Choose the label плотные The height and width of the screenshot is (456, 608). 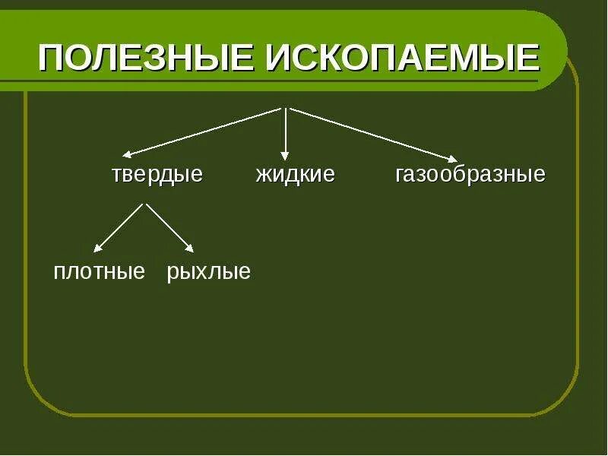pos(99,272)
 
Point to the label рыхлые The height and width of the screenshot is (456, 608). pos(208,272)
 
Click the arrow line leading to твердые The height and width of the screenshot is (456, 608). pos(203,131)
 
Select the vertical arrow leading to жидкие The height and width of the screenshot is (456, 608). pos(285,133)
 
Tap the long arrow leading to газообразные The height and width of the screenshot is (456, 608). pos(372,135)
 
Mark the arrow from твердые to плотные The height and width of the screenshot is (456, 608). pos(119,227)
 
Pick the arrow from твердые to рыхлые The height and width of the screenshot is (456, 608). pos(169,227)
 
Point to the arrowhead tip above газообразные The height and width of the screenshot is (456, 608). pos(457,161)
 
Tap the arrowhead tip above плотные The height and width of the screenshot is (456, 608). pos(95,251)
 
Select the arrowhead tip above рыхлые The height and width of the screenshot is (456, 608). pos(194,251)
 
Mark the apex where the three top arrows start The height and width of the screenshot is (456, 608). pos(285,108)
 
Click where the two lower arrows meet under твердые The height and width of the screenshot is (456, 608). pos(144,204)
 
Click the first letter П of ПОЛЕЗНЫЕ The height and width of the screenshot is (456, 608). pos(52,58)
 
